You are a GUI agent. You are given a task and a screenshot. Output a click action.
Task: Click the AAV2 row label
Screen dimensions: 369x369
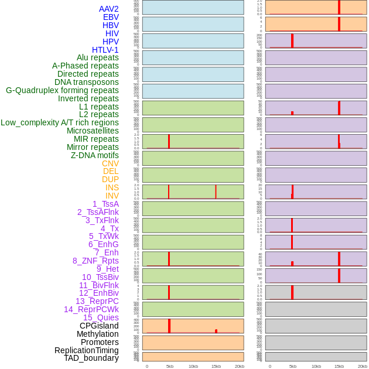tap(109, 9)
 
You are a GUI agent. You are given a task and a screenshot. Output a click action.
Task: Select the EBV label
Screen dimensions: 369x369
tap(111, 17)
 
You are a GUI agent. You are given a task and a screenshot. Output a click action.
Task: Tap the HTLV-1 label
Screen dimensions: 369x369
tap(105, 50)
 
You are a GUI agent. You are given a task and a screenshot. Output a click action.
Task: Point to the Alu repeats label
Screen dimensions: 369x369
tap(98, 57)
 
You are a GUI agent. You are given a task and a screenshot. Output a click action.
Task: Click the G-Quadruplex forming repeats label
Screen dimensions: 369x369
tap(62, 90)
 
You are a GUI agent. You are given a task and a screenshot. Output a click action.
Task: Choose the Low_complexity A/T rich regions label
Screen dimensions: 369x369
tap(60, 122)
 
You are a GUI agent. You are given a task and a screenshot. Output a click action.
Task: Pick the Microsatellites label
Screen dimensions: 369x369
tap(93, 131)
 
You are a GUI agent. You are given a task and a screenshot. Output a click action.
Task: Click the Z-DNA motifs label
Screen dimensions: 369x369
tap(95, 155)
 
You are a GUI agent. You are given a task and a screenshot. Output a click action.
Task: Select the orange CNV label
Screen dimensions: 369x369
tap(110, 163)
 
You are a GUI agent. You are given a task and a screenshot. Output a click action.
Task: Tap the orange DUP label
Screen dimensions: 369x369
tap(110, 179)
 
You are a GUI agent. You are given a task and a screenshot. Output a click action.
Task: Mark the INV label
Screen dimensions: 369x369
tap(112, 196)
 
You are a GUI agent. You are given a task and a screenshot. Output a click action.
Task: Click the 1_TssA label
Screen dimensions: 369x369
tap(105, 204)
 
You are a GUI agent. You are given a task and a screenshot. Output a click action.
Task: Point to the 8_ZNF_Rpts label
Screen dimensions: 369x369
tap(95, 261)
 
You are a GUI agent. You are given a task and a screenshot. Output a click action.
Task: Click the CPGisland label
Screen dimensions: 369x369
tap(99, 326)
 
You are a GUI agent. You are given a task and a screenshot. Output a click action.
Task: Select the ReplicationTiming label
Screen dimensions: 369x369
tap(87, 350)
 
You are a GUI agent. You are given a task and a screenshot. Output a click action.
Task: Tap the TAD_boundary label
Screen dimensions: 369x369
tap(91, 358)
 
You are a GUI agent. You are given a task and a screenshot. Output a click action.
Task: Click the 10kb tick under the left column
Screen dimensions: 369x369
tap(193, 366)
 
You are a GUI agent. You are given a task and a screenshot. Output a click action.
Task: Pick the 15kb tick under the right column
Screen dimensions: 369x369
tap(339, 366)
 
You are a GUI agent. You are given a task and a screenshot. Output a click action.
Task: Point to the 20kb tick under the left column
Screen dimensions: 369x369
tap(240, 366)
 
